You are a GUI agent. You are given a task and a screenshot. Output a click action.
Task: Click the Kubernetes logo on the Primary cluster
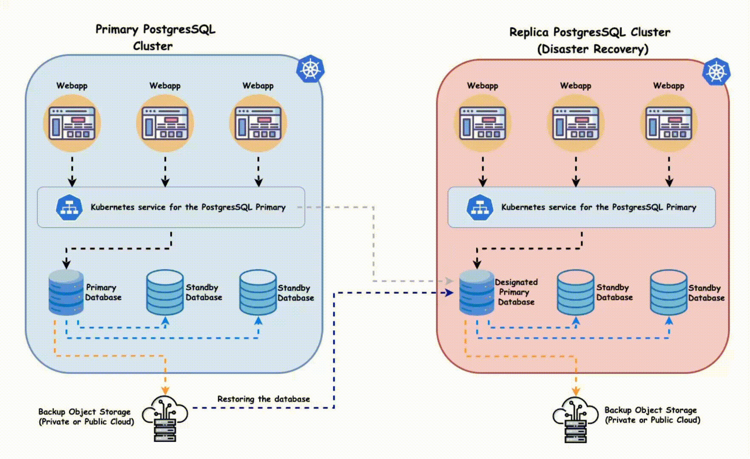pyautogui.click(x=310, y=68)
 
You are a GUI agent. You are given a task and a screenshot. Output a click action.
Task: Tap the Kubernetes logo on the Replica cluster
pyautogui.click(x=716, y=71)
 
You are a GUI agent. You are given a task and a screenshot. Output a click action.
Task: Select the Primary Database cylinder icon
pyautogui.click(x=66, y=292)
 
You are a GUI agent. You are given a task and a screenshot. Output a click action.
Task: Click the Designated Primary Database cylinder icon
pyautogui.click(x=477, y=292)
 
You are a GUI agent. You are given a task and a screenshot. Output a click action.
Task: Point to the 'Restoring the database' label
pyautogui.click(x=264, y=399)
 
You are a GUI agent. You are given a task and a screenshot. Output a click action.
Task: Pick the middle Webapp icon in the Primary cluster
pyautogui.click(x=165, y=123)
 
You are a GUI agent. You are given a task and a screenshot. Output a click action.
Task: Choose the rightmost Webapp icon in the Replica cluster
pyautogui.click(x=669, y=123)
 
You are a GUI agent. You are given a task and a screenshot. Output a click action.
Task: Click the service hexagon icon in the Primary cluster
pyautogui.click(x=69, y=207)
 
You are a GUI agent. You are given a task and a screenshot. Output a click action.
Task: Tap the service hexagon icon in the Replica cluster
pyautogui.click(x=480, y=207)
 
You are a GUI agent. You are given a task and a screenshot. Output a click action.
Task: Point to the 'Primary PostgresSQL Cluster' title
pyautogui.click(x=155, y=37)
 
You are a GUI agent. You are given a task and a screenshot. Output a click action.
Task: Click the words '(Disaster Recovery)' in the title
pyautogui.click(x=593, y=49)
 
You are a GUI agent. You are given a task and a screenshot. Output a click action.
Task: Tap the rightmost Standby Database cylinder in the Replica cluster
pyautogui.click(x=668, y=292)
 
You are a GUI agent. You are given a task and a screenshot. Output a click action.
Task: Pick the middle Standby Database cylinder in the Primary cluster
pyautogui.click(x=165, y=292)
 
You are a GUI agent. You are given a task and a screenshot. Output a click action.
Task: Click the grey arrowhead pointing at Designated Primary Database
pyautogui.click(x=449, y=281)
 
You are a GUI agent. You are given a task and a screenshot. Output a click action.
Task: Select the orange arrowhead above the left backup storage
pyautogui.click(x=165, y=390)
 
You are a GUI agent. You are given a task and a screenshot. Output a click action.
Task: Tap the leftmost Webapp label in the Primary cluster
pyautogui.click(x=72, y=85)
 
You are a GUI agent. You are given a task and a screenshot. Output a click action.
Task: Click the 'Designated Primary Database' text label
pyautogui.click(x=516, y=292)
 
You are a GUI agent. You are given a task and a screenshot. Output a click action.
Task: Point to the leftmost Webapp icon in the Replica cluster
pyautogui.click(x=483, y=123)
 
